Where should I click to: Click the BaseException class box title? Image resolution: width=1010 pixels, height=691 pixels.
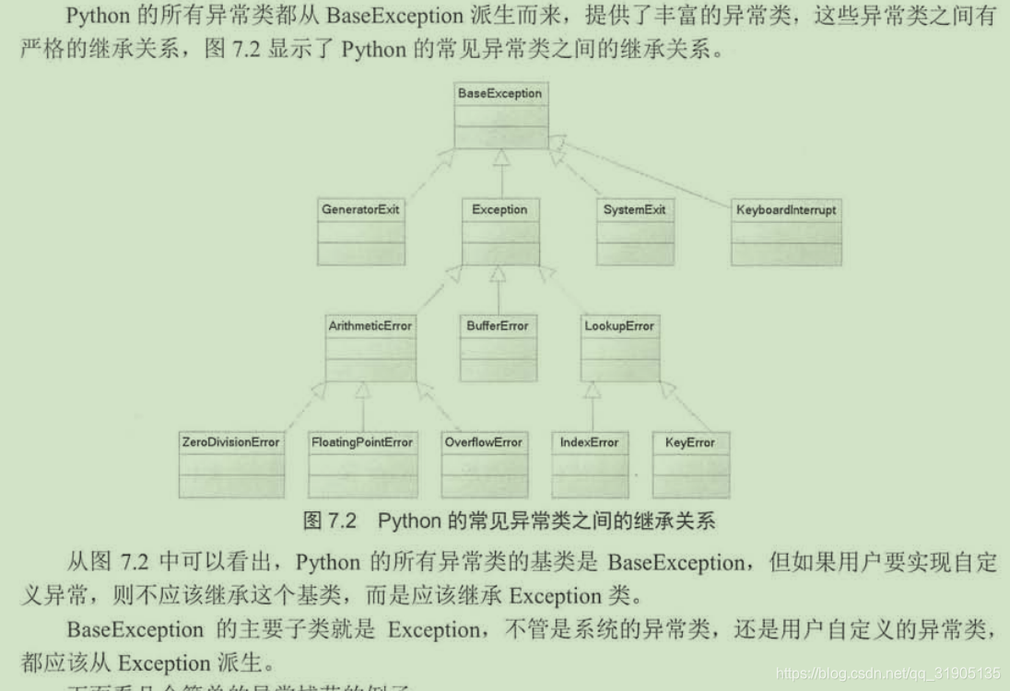coord(499,93)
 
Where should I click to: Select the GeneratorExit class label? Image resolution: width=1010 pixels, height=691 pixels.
coord(360,210)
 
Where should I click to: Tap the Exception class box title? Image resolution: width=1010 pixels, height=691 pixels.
coord(499,210)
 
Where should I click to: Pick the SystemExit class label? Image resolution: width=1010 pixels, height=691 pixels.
coord(634,210)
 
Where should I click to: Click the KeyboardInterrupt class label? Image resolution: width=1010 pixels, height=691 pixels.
coord(786,210)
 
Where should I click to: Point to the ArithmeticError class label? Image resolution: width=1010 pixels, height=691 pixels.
coord(370,326)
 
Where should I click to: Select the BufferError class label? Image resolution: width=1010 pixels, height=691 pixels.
coord(499,326)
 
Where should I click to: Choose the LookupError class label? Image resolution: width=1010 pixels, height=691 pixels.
coord(619,326)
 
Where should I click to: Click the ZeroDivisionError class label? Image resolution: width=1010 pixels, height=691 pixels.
coord(230,442)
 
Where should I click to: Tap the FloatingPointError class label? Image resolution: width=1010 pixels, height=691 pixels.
coord(361,442)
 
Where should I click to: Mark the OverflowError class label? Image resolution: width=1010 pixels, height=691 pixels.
coord(483,442)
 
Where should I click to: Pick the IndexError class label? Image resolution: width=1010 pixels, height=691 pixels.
coord(589,442)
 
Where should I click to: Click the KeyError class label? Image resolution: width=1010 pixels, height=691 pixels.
coord(689,442)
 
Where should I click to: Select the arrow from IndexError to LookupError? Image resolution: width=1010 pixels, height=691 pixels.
coord(590,405)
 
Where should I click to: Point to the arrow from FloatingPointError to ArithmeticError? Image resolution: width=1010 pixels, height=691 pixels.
coord(362,405)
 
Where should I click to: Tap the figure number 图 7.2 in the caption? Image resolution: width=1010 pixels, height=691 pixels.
coord(329,521)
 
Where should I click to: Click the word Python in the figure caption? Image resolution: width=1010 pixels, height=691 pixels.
coord(410,521)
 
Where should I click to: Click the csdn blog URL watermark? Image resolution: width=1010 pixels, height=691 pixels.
coord(888,673)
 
